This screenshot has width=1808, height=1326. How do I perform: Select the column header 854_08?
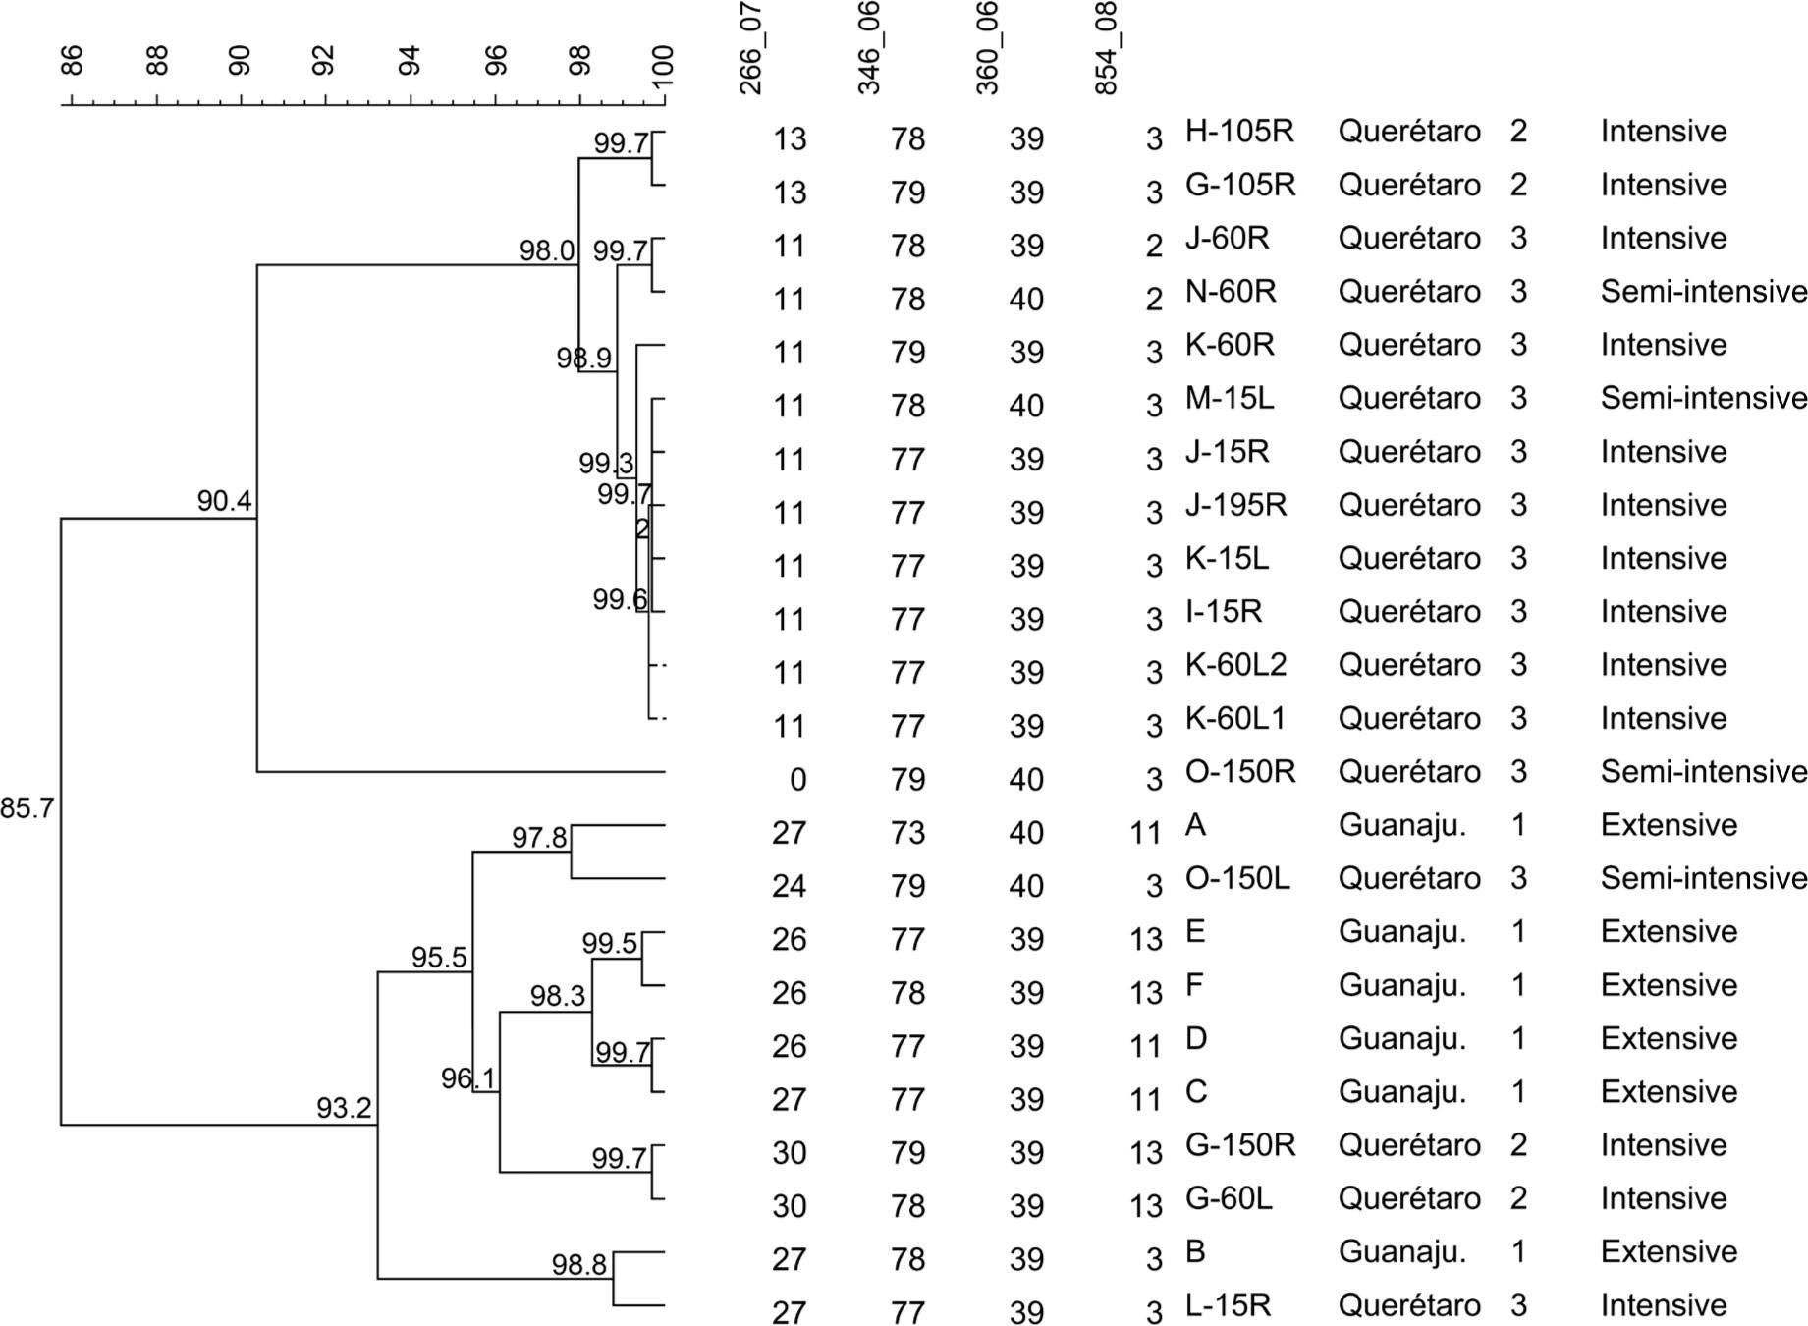[x=1106, y=49]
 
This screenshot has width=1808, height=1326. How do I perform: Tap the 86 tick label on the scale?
[x=72, y=61]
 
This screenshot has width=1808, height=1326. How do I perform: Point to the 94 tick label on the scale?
[x=410, y=61]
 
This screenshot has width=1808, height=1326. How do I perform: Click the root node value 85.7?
[x=27, y=809]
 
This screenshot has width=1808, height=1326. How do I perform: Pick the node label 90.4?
[x=224, y=501]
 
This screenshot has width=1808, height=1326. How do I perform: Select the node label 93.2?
[x=344, y=1108]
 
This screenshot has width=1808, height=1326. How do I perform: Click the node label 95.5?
[x=439, y=958]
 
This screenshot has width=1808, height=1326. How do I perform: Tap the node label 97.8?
[x=539, y=838]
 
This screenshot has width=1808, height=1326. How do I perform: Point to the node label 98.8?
[x=578, y=1265]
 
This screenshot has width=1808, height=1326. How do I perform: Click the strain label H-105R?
[x=1239, y=131]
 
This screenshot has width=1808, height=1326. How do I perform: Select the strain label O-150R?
[x=1240, y=771]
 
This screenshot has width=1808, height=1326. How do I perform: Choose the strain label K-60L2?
[x=1235, y=665]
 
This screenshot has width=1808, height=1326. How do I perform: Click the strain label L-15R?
[x=1228, y=1305]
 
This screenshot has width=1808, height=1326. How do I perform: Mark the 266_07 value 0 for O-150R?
[x=797, y=780]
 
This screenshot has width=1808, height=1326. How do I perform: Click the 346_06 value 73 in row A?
[x=907, y=833]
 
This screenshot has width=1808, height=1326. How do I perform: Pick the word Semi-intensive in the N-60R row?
[x=1703, y=292]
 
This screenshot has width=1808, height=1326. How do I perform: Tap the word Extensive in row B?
[x=1669, y=1251]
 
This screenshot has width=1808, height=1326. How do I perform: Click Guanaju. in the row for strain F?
[x=1401, y=985]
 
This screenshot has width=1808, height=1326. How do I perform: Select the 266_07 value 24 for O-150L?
[x=790, y=886]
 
